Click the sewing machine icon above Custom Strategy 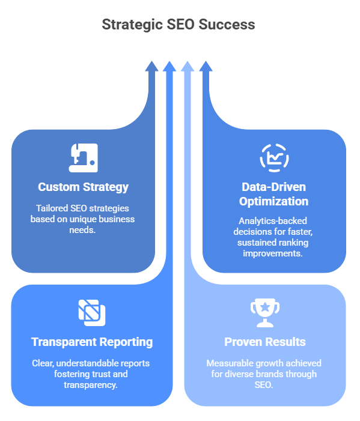point(83,157)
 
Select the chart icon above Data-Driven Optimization point(274,157)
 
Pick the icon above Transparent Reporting point(92,312)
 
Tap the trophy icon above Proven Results point(264,312)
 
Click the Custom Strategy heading point(83,187)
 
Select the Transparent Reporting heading point(92,342)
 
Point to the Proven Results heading point(264,342)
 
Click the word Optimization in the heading point(274,201)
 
